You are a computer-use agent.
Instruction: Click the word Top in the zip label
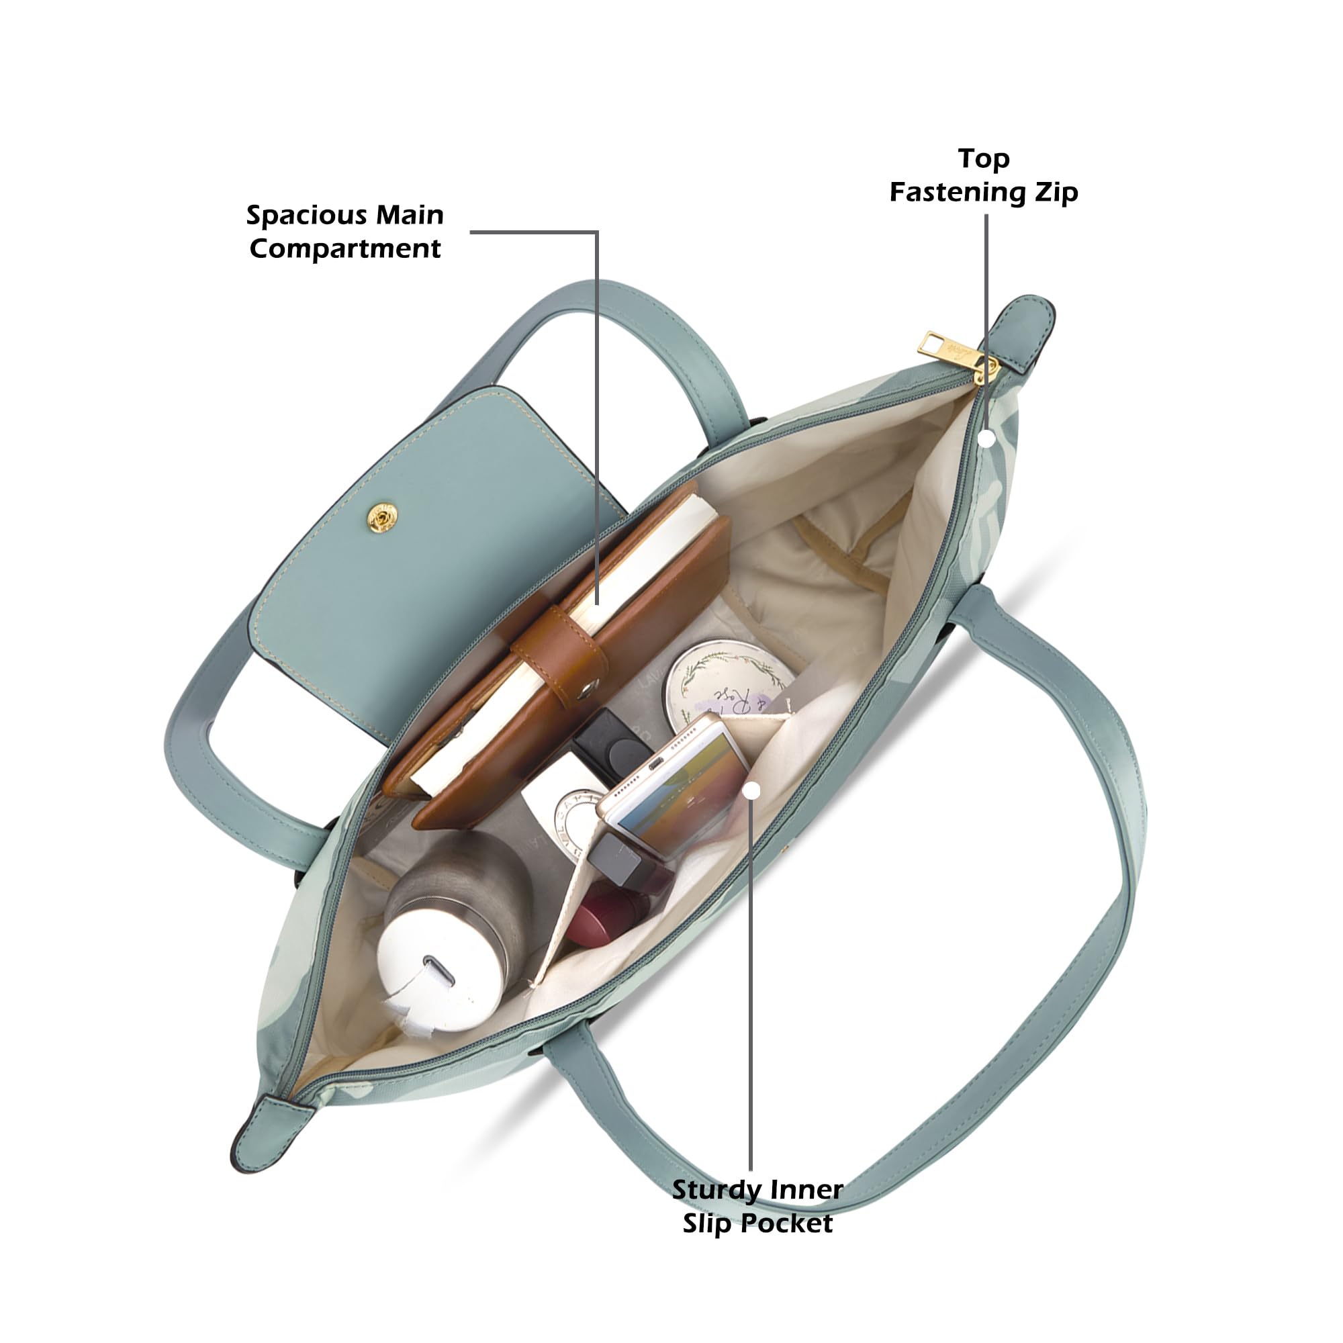pyautogui.click(x=983, y=159)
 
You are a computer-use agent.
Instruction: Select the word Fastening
pyautogui.click(x=960, y=193)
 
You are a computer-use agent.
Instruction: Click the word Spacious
pyautogui.click(x=311, y=216)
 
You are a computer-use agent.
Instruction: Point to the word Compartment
pyautogui.click(x=345, y=249)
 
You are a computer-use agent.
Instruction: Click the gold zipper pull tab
pyautogui.click(x=947, y=350)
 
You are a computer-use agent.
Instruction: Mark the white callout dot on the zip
pyautogui.click(x=986, y=438)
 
